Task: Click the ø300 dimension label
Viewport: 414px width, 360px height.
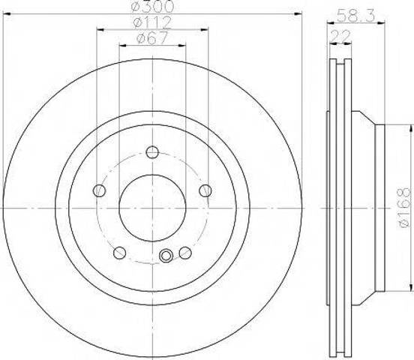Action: [152, 6]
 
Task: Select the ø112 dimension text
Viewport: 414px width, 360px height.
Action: [152, 22]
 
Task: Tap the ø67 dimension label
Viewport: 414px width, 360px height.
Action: [152, 38]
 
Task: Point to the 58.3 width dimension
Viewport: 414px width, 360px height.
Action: [356, 15]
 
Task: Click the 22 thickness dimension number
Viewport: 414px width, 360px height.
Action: [340, 36]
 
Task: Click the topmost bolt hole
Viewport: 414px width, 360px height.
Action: [152, 152]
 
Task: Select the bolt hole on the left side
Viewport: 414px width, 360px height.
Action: [100, 190]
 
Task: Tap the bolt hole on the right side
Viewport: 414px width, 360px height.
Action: [205, 190]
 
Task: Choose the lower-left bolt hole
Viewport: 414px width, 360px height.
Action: [119, 253]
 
